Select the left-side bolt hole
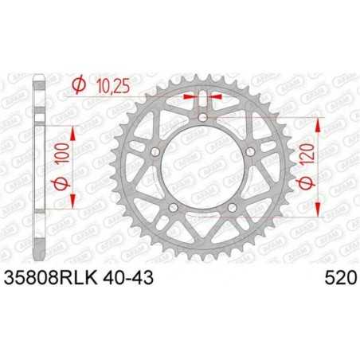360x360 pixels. (156, 151)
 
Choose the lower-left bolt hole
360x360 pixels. (174, 209)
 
